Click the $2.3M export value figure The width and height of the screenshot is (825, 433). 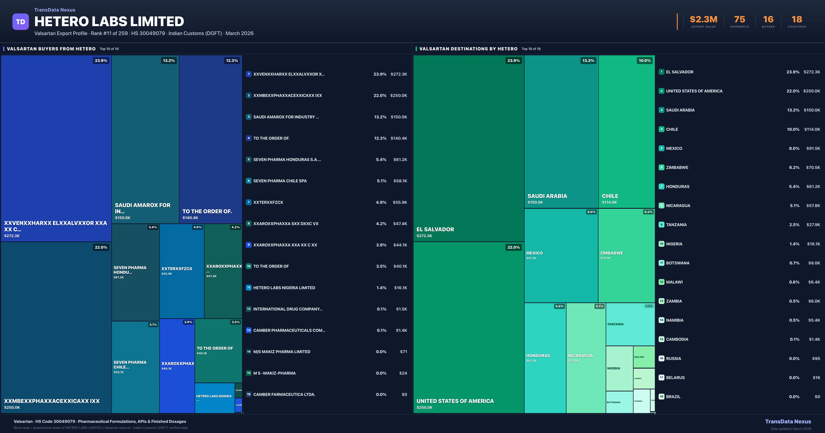[703, 20]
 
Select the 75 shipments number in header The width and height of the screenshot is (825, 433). [739, 20]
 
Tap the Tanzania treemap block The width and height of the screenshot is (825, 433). [630, 324]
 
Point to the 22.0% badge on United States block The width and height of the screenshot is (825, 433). [513, 247]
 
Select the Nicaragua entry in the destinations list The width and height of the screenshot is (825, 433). [678, 206]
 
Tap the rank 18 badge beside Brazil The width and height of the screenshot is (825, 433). [661, 397]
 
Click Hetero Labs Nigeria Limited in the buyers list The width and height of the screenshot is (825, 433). [284, 288]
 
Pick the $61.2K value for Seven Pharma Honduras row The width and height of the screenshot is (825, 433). [400, 159]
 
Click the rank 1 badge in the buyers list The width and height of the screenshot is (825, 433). [249, 74]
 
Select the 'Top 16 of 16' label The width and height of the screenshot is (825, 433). [109, 49]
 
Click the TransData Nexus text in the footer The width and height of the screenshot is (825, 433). [788, 421]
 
